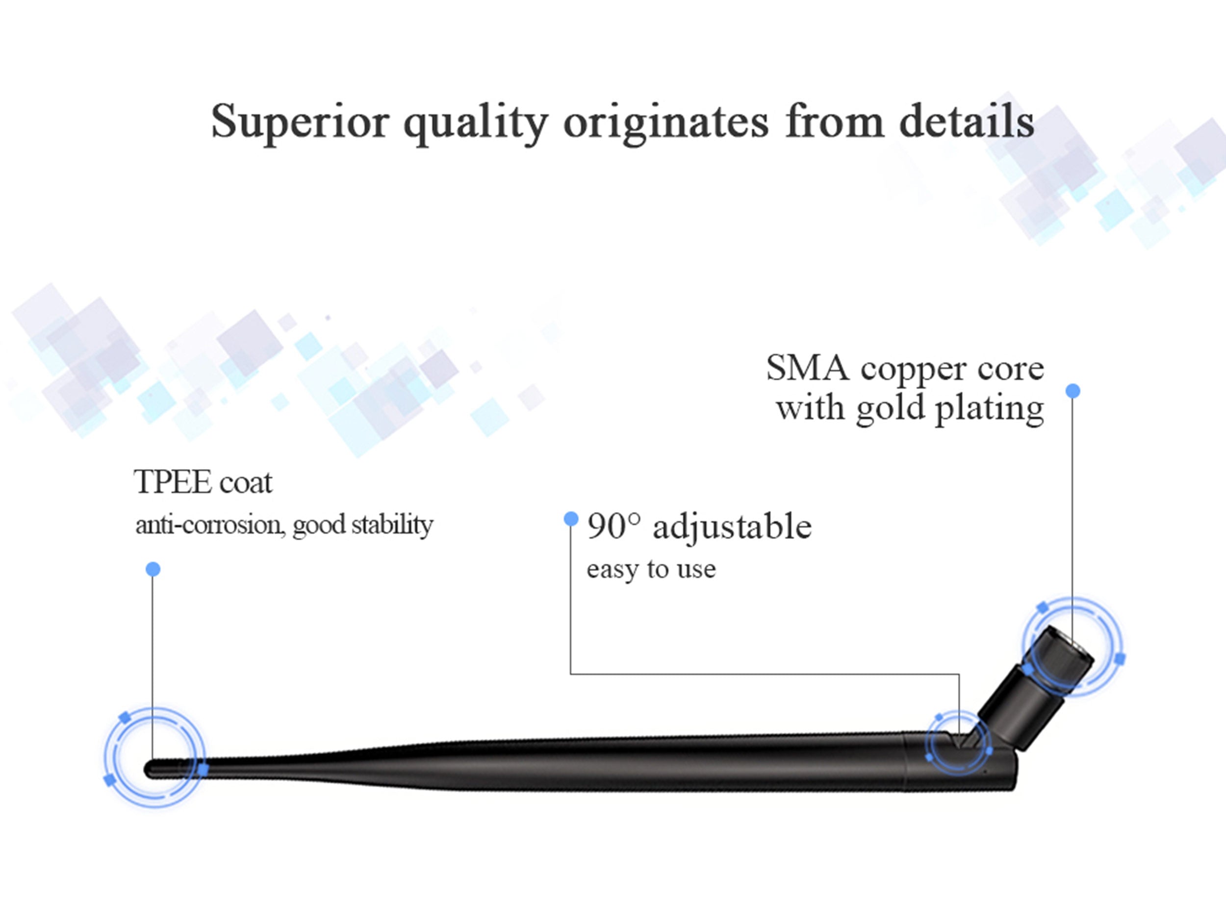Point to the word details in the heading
[x=967, y=120]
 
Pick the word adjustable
[x=732, y=528]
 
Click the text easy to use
[x=651, y=570]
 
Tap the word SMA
[x=808, y=368]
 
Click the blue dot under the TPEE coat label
[x=153, y=569]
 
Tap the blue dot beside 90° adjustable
[x=571, y=519]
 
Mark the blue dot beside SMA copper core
[x=1073, y=390]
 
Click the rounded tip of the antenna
[x=149, y=769]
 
